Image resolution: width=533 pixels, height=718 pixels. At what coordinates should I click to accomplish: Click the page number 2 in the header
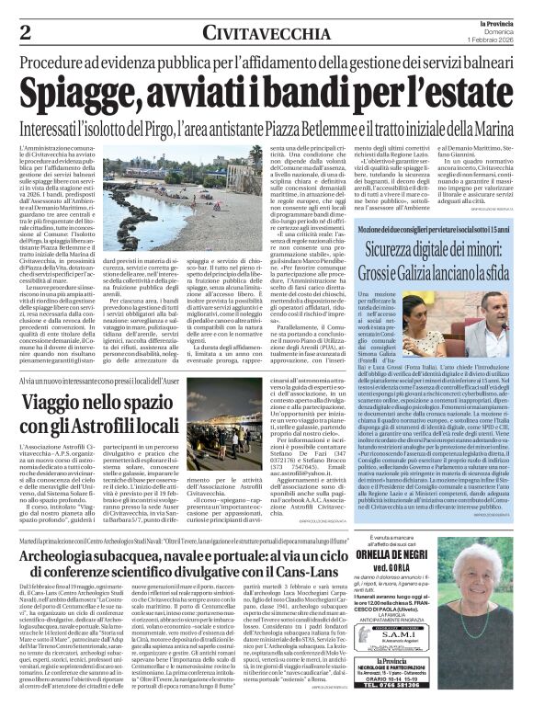pos(16,32)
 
